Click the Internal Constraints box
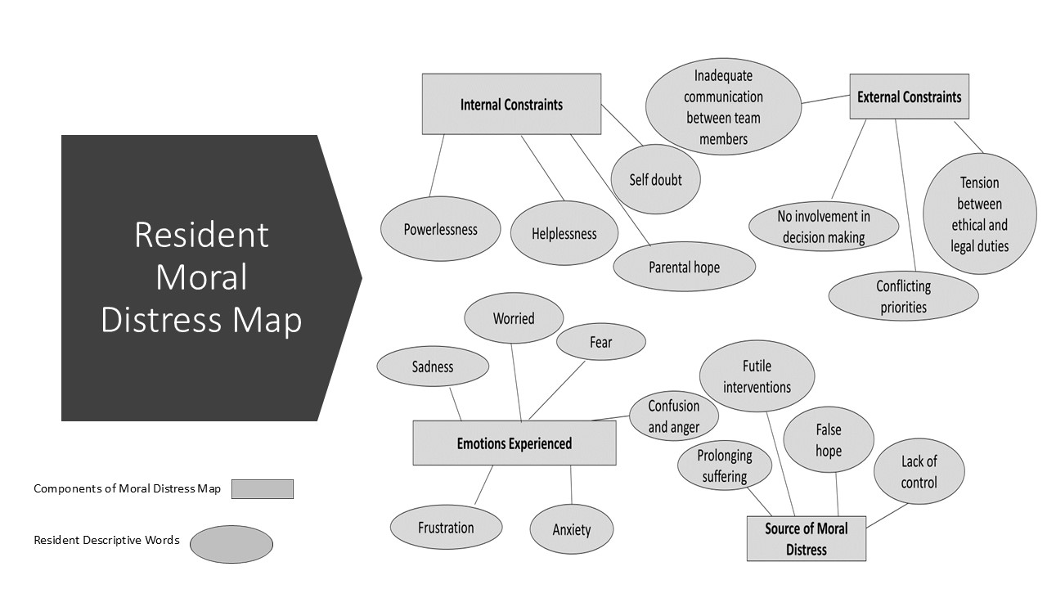[x=511, y=104]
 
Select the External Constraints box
[x=909, y=97]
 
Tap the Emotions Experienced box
[x=515, y=443]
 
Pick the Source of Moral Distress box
[x=807, y=538]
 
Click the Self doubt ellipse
[x=655, y=179]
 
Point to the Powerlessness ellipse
[x=440, y=228]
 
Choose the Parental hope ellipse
[x=685, y=267]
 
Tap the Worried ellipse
[x=514, y=318]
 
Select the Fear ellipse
[x=600, y=342]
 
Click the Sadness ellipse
[x=433, y=366]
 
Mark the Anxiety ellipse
[x=571, y=529]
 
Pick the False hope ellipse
[x=829, y=439]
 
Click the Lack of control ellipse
[x=919, y=471]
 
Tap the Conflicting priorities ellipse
[x=904, y=296]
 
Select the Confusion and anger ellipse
[x=673, y=416]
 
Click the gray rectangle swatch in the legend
[x=263, y=489]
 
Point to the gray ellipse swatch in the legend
[x=231, y=544]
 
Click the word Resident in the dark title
[x=201, y=234]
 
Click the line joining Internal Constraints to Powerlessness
[x=437, y=165]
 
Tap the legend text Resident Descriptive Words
[x=106, y=541]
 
